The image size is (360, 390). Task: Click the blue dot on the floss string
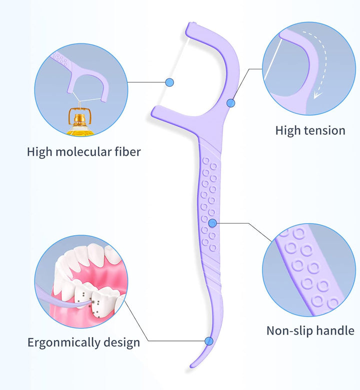click(x=169, y=81)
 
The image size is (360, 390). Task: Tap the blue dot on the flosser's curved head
click(x=230, y=103)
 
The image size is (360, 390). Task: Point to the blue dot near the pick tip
click(x=209, y=341)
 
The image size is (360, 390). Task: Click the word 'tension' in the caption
click(x=324, y=131)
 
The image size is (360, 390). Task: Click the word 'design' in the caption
click(x=122, y=343)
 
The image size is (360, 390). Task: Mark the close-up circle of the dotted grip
click(x=309, y=270)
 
